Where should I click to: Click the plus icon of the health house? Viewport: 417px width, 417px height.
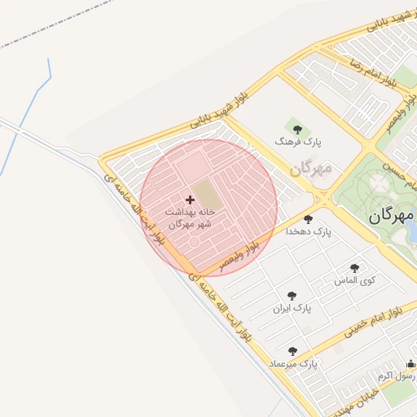tap(191, 200)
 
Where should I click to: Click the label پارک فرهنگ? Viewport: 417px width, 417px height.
tap(298, 142)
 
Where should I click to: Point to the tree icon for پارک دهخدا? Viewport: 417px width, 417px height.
tap(308, 218)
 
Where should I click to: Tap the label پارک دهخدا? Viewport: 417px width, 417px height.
tap(309, 231)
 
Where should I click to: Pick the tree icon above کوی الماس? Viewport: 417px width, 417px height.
tap(354, 267)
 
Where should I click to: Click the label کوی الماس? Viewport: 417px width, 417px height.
tap(355, 280)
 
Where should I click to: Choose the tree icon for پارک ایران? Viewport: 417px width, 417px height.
tap(292, 296)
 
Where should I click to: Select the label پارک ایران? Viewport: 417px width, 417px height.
tap(292, 309)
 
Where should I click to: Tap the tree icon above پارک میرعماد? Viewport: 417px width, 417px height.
tap(292, 351)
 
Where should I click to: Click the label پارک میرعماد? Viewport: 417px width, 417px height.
tap(292, 364)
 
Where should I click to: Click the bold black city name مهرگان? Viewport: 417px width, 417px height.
tap(391, 215)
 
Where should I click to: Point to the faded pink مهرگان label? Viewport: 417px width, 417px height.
tap(311, 169)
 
